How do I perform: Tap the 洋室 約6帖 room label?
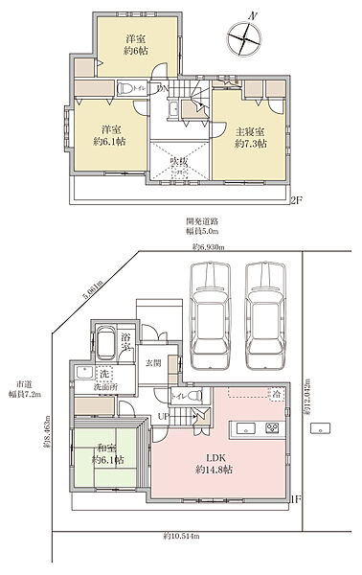tap(135, 45)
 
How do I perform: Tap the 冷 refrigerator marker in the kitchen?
tap(277, 395)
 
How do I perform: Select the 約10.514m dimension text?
tap(181, 533)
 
